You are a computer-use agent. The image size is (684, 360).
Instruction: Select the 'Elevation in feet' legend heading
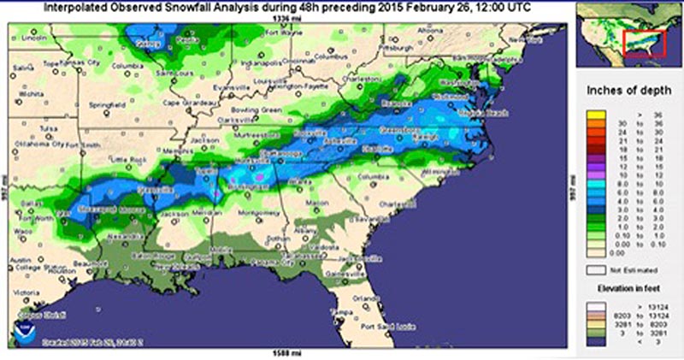click(x=628, y=289)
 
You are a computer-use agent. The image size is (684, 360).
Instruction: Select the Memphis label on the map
click(x=182, y=151)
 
